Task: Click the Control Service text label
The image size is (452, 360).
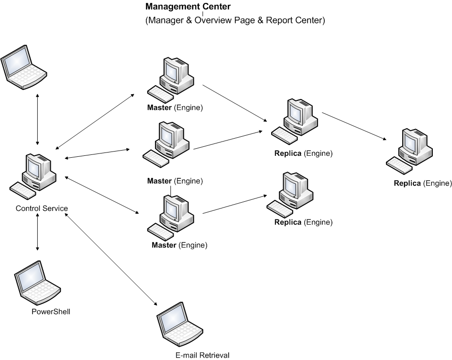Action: point(42,208)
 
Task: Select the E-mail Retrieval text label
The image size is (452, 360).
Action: point(202,355)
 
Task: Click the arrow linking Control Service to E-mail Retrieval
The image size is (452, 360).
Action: point(111,259)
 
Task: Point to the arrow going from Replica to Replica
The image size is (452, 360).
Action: point(354,126)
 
